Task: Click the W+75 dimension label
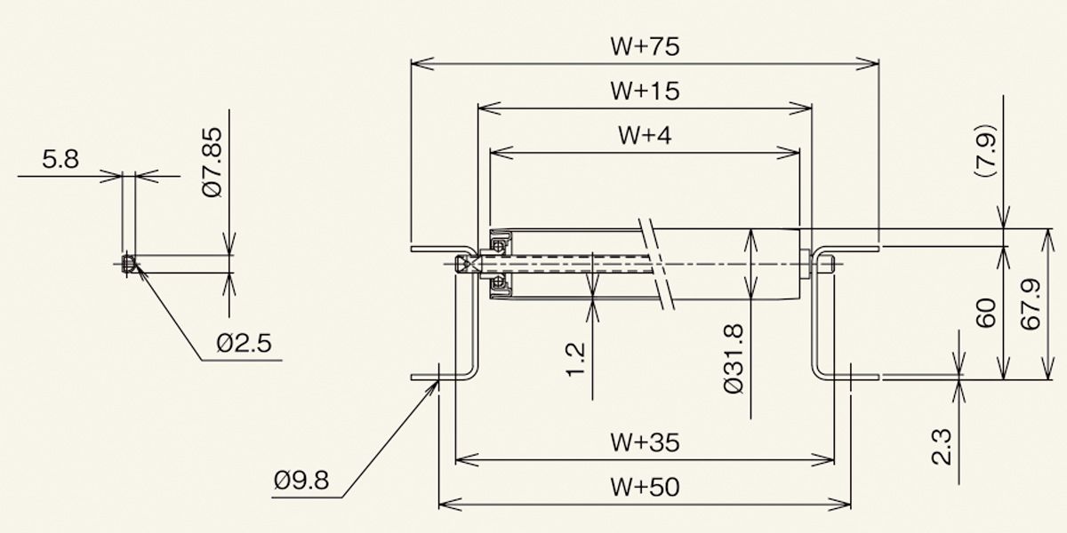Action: point(645,46)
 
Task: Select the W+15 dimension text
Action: point(645,91)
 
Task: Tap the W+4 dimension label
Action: point(645,135)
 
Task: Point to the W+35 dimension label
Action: point(645,442)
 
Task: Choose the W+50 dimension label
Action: point(645,488)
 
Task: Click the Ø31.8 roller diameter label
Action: point(733,359)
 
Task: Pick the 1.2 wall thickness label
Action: point(575,359)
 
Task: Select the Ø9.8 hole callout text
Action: point(301,481)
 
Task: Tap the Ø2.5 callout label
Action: point(244,343)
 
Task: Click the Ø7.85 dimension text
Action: point(212,162)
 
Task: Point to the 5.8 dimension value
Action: point(60,159)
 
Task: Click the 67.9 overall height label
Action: point(1031,304)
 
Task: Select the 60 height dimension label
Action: point(986,313)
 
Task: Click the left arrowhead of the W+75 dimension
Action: point(422,63)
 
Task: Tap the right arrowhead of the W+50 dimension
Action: point(839,504)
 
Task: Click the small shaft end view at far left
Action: point(128,264)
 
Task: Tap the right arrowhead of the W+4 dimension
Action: point(789,153)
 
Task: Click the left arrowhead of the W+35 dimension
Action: point(467,460)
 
